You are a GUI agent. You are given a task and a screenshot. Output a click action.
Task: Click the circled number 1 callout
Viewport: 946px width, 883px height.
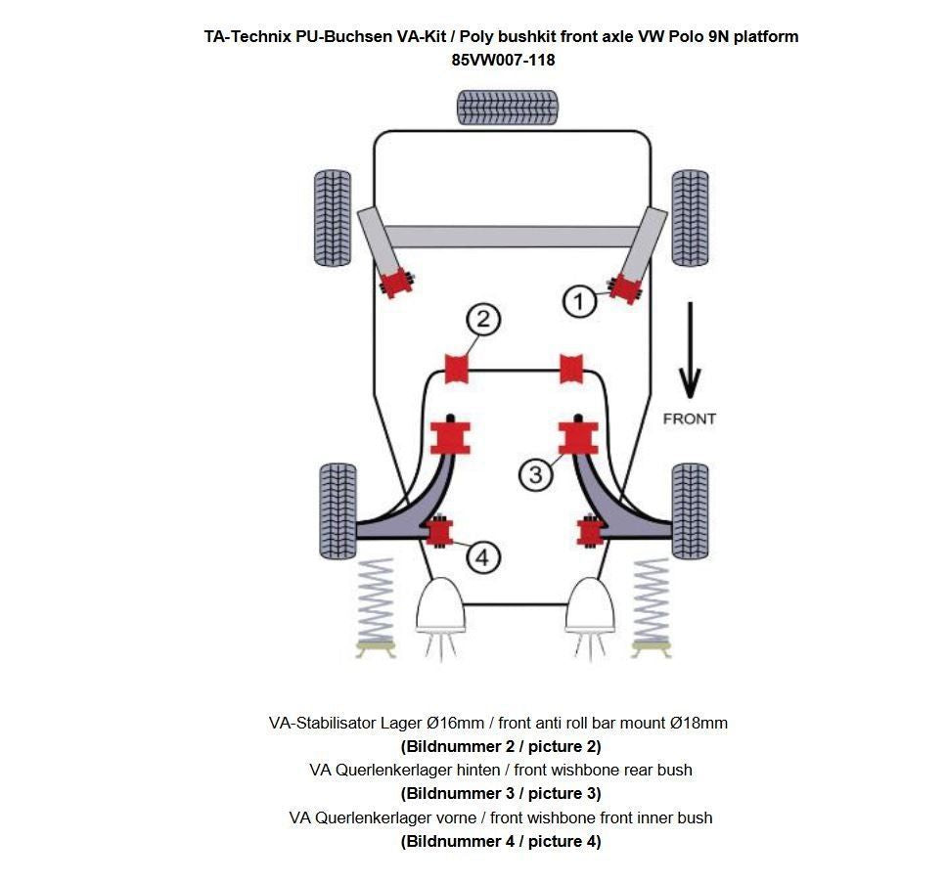(x=579, y=301)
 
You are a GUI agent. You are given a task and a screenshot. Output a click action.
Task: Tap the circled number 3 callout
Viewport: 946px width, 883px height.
(x=535, y=475)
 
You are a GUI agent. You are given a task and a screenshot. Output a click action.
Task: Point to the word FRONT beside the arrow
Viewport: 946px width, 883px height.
(x=690, y=419)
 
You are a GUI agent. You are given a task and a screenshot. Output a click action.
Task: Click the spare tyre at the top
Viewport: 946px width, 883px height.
(x=508, y=107)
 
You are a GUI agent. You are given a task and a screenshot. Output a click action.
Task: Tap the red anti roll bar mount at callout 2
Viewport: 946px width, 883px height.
(x=457, y=369)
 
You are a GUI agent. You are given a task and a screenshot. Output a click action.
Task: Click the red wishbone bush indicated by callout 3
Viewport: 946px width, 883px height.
(x=577, y=437)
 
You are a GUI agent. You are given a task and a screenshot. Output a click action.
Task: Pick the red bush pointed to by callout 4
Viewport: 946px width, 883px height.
(x=439, y=531)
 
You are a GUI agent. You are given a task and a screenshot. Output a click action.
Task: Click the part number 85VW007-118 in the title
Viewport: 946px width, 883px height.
(x=503, y=60)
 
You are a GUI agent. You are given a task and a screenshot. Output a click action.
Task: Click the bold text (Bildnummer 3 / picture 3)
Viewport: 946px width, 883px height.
(x=501, y=793)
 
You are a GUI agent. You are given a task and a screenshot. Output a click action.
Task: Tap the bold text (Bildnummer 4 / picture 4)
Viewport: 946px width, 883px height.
(x=501, y=841)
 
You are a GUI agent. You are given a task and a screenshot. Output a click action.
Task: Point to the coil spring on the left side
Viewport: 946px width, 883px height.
(x=376, y=602)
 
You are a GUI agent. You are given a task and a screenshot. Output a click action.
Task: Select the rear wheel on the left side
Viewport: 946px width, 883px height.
(x=332, y=217)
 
